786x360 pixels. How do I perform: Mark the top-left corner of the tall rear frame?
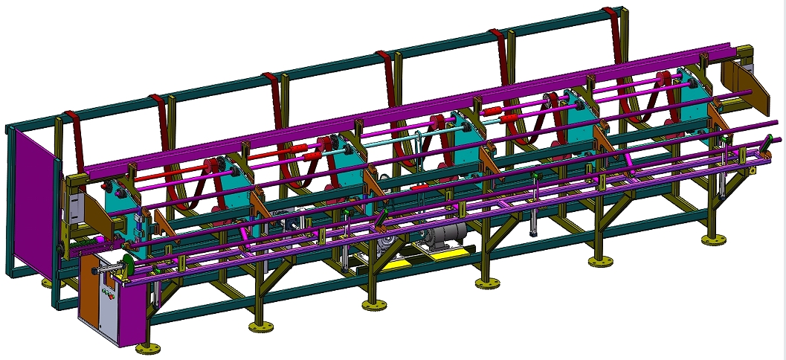click(x=9, y=129)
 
